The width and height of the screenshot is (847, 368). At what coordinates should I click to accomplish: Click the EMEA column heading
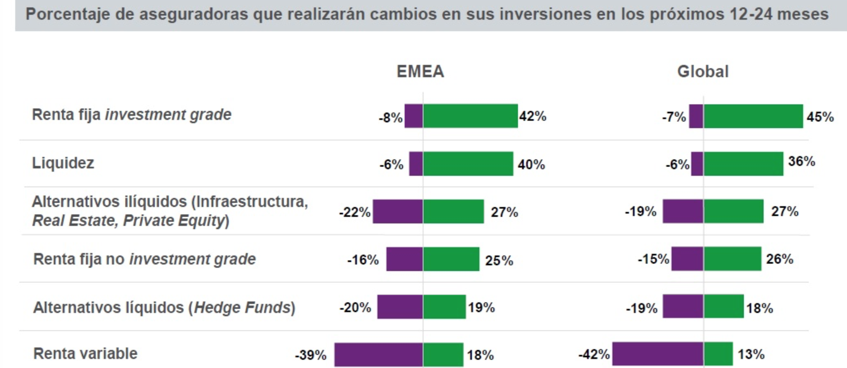pos(420,71)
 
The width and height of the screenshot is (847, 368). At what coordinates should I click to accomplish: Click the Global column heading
pos(703,71)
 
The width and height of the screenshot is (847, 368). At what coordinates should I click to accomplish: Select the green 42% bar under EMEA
pos(470,116)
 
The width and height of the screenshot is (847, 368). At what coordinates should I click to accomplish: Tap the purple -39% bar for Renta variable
pos(378,354)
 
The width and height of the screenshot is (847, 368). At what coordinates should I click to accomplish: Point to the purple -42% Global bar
pos(658,354)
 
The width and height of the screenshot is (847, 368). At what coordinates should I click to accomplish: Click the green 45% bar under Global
pos(753,116)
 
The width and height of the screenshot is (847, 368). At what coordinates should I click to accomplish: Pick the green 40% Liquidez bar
pos(468,164)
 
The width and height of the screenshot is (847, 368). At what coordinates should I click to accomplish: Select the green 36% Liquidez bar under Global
pos(743,164)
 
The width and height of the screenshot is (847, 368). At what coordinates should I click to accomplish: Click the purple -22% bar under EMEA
pos(398,212)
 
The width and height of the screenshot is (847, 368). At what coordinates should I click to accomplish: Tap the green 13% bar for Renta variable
pos(718,354)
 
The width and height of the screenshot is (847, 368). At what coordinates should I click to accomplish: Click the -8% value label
pos(390,118)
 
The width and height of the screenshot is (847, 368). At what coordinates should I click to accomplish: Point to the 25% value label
pos(499,260)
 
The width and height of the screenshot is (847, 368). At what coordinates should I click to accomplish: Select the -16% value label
pos(363,260)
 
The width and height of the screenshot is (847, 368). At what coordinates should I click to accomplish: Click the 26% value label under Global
pos(780,259)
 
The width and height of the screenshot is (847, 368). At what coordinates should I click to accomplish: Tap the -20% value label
pos(355,308)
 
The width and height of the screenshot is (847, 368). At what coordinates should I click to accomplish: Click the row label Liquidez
pos(63,163)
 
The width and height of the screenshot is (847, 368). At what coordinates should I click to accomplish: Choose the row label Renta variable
pos(85,353)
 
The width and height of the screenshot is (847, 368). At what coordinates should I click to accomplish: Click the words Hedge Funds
pos(242,307)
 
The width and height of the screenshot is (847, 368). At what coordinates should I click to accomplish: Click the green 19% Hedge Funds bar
pos(444,307)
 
